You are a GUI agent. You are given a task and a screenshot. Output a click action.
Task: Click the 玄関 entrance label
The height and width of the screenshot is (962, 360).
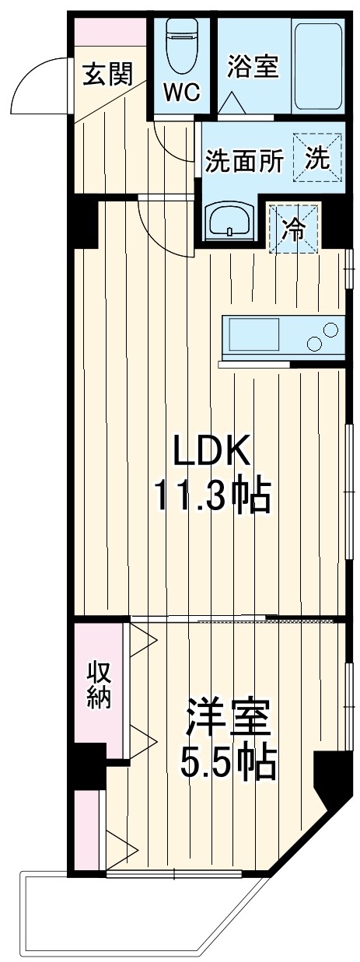108,74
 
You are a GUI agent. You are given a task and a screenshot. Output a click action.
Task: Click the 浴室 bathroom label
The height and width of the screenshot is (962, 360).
253,67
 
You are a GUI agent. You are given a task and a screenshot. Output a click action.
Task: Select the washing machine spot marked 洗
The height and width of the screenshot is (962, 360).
316,158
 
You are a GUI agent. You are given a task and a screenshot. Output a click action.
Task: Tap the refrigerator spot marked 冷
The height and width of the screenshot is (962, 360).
293,229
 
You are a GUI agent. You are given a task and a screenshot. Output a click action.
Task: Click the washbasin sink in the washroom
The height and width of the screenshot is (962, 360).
229,220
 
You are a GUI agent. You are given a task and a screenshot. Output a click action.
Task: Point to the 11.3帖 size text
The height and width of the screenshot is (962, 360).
211,495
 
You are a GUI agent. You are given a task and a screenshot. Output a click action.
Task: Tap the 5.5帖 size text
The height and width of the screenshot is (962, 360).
228,764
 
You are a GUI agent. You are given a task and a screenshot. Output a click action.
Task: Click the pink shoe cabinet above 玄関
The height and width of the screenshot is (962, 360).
109,34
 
